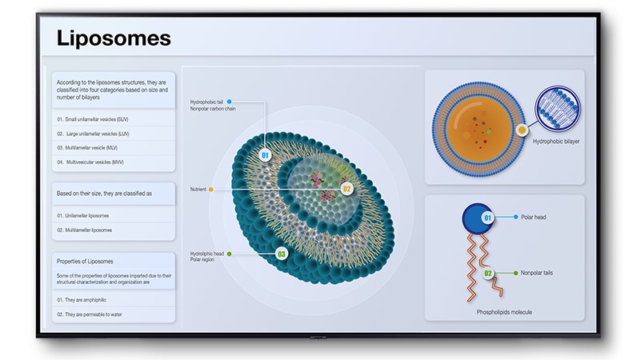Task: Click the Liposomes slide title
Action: (x=114, y=38)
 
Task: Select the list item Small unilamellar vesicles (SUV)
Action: (x=95, y=119)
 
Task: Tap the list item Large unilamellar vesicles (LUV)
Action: (x=95, y=134)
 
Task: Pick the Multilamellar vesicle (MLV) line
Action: (x=91, y=148)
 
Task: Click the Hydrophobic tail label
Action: (x=207, y=102)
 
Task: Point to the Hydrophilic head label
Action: (x=207, y=254)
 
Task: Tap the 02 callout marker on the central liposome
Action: (x=346, y=190)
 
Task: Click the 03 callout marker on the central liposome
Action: (x=281, y=254)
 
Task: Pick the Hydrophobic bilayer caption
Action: (x=555, y=141)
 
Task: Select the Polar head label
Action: (x=534, y=217)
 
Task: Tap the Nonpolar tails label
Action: (x=537, y=273)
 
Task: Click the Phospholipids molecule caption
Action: (x=504, y=312)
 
